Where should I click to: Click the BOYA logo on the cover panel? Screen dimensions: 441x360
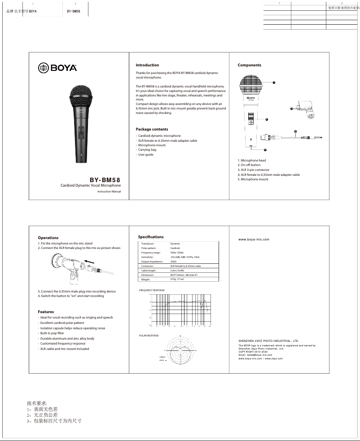(57, 68)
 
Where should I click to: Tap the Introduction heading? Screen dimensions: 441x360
(147, 65)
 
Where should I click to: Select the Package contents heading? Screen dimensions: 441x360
(152, 129)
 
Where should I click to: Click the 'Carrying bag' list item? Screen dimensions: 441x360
(147, 150)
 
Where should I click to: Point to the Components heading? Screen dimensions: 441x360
(249, 65)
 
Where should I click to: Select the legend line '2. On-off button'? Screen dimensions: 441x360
(249, 165)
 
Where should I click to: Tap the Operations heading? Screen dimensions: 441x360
(48, 238)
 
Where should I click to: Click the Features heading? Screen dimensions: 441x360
(46, 312)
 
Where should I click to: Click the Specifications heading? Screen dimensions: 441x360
(151, 237)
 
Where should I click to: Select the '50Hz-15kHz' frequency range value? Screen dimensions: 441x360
(177, 253)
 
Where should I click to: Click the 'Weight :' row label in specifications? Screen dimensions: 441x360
(145, 279)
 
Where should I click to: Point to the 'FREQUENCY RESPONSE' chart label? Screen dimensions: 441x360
(152, 290)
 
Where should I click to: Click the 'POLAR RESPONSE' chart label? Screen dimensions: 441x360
(149, 336)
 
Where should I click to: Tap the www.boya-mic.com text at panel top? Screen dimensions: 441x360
(254, 240)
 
